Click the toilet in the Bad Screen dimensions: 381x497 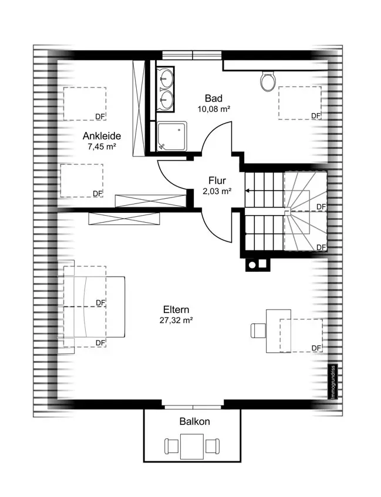tap(267, 82)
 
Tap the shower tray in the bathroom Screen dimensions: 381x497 tap(172, 137)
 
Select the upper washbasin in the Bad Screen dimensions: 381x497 tap(166, 77)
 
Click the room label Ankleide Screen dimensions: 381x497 tap(102, 136)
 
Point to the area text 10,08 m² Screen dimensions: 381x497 tap(214, 110)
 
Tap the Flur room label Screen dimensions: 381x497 tap(217, 181)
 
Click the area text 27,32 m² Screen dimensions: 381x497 tap(176, 320)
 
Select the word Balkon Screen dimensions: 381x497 tap(195, 421)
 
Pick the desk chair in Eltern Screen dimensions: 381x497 tap(258, 331)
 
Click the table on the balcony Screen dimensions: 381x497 tap(192, 446)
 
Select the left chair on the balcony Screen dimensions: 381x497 tap(172, 446)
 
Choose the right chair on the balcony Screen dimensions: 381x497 tap(212, 445)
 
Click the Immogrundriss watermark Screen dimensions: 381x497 tap(333, 382)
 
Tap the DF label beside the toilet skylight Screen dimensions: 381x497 tap(316, 116)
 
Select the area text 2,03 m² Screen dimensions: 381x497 tap(217, 192)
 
